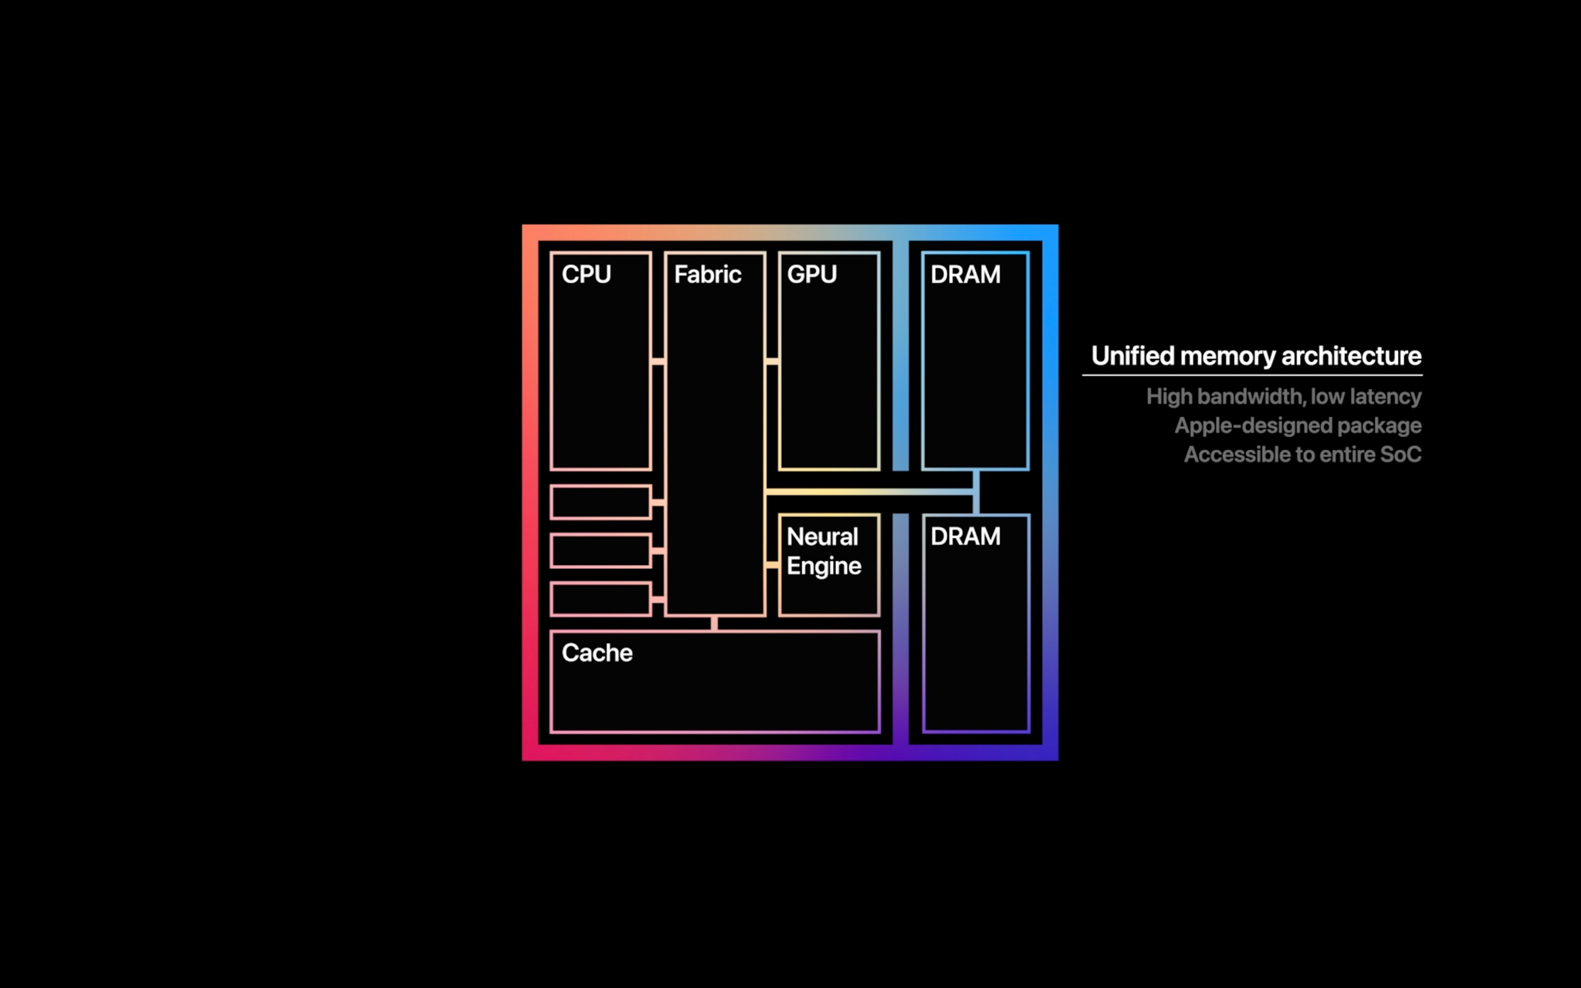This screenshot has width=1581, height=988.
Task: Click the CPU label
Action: click(x=586, y=274)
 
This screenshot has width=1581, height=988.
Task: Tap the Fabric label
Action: click(x=707, y=274)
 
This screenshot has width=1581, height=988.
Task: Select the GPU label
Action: click(x=811, y=274)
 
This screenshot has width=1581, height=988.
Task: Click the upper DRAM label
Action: click(x=965, y=274)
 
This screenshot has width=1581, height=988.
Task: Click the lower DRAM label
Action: click(x=965, y=536)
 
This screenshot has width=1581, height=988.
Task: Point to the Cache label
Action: click(x=597, y=652)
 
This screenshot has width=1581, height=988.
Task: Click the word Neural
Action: click(x=822, y=536)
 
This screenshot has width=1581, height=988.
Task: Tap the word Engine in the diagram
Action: click(x=824, y=566)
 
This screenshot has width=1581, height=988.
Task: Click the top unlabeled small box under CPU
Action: click(x=601, y=502)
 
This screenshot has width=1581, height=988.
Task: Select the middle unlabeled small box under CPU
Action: click(x=601, y=550)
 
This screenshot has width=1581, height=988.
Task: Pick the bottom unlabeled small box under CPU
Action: click(x=601, y=599)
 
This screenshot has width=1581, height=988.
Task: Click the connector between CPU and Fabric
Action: click(x=658, y=361)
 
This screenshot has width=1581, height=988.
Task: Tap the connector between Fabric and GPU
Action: click(x=772, y=361)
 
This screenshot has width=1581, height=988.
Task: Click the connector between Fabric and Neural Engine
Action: click(x=772, y=565)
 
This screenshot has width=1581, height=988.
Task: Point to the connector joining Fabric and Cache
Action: click(x=714, y=623)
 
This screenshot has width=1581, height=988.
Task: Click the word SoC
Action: click(x=1400, y=455)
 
